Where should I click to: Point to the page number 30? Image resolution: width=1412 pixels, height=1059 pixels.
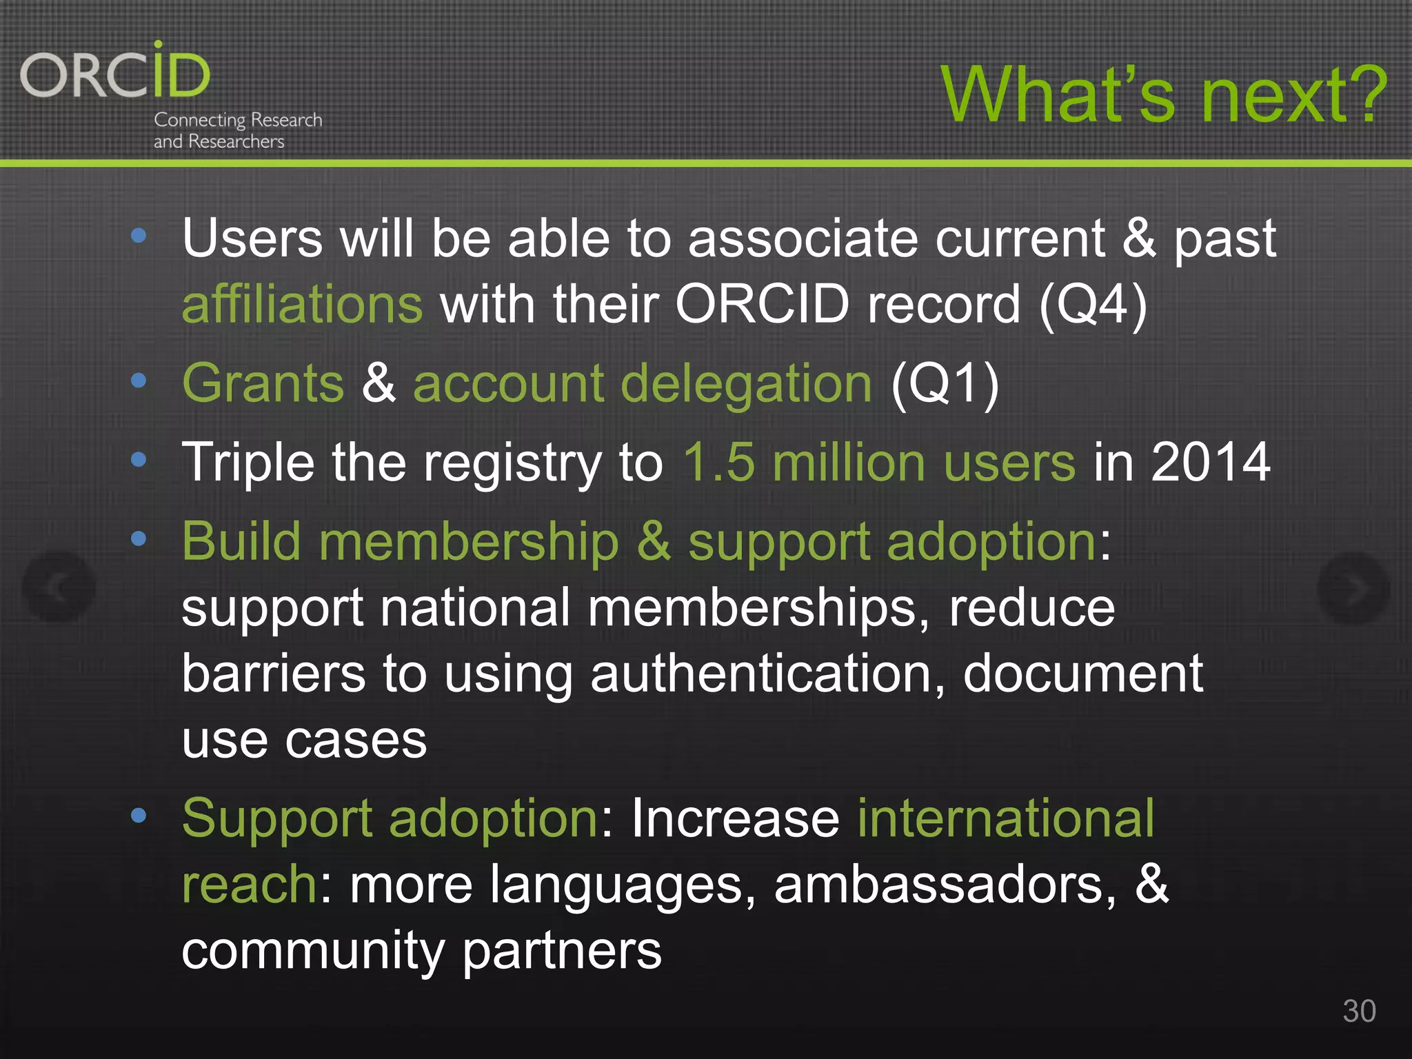click(x=1359, y=1011)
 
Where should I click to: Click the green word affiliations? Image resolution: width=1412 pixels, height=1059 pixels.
click(x=302, y=304)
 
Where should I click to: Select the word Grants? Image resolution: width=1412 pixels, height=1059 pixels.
click(x=263, y=383)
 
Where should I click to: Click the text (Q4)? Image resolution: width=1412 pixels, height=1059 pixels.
click(x=1093, y=304)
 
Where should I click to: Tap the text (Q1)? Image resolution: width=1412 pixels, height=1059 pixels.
click(x=945, y=383)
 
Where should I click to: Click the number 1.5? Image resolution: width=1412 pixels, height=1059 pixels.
click(x=719, y=462)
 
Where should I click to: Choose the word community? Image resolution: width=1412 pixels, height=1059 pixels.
click(x=313, y=950)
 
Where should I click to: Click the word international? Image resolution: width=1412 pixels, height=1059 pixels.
click(x=1006, y=818)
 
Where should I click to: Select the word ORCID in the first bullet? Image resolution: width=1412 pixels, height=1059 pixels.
click(x=762, y=304)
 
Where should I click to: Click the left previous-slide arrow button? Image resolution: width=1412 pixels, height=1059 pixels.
click(x=59, y=587)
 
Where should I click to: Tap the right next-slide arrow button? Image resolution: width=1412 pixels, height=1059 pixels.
click(x=1353, y=587)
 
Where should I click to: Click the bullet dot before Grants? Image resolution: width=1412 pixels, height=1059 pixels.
click(x=139, y=381)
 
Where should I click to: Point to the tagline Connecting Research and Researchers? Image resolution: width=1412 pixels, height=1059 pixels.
click(x=238, y=130)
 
